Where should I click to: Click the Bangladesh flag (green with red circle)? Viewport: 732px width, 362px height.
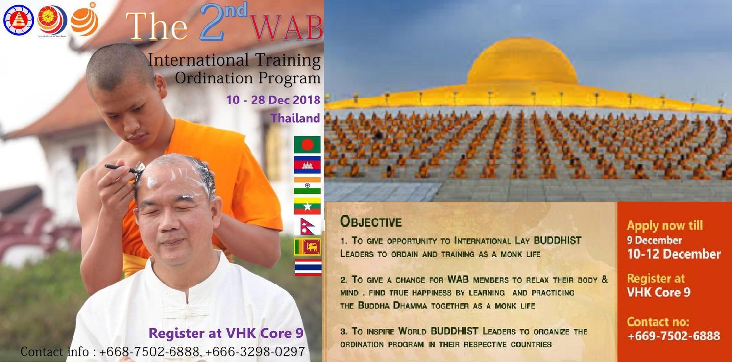307,145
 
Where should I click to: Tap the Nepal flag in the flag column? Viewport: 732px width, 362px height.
307,226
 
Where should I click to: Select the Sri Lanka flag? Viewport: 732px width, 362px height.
307,247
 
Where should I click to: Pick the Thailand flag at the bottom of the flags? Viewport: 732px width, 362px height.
307,267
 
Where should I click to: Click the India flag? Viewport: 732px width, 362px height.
307,185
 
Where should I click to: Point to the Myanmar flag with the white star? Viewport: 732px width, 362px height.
307,206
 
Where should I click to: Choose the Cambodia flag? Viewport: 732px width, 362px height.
307,165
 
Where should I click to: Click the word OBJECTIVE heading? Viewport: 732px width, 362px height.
371,222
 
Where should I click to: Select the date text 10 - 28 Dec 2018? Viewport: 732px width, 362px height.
273,100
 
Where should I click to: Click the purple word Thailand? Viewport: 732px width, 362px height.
295,118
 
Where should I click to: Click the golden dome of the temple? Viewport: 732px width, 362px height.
521,64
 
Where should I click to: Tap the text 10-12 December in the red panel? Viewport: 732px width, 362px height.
674,254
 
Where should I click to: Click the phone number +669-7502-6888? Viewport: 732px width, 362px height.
674,336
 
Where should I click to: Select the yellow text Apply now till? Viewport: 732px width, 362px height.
664,226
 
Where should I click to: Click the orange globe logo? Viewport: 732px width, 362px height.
85,20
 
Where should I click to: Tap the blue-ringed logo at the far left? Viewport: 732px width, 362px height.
18,20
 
